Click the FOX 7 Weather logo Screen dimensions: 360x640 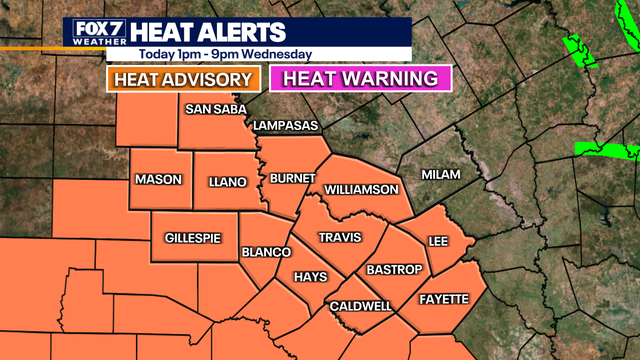pyautogui.click(x=96, y=33)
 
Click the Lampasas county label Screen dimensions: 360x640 pyautogui.click(x=285, y=125)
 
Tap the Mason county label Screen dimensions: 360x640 pyautogui.click(x=158, y=179)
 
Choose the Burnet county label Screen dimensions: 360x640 pyautogui.click(x=293, y=178)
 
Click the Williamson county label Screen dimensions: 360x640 pyautogui.click(x=362, y=189)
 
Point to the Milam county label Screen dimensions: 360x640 pyautogui.click(x=441, y=174)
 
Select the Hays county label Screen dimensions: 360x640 pyautogui.click(x=310, y=277)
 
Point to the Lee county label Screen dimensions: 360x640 pyautogui.click(x=436, y=241)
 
